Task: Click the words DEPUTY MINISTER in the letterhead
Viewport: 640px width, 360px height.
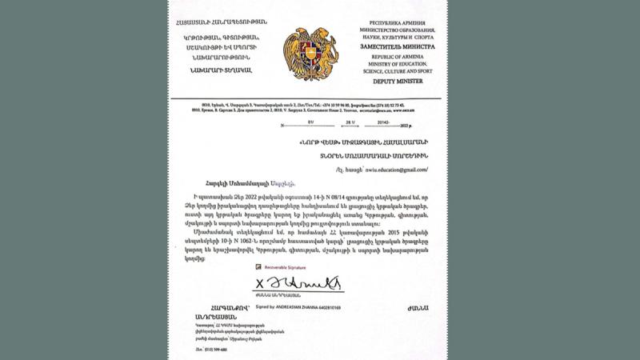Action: tap(398, 82)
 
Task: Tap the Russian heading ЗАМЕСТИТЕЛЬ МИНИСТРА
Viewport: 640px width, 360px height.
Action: tap(398, 46)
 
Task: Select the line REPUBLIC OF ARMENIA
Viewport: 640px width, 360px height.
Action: tap(398, 54)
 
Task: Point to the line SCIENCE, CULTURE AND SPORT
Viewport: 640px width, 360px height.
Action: tap(398, 70)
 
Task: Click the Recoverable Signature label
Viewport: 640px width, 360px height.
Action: tap(285, 267)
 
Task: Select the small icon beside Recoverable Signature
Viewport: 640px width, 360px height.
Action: tap(258, 267)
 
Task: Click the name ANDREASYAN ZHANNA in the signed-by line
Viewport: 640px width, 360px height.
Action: tap(292, 307)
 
